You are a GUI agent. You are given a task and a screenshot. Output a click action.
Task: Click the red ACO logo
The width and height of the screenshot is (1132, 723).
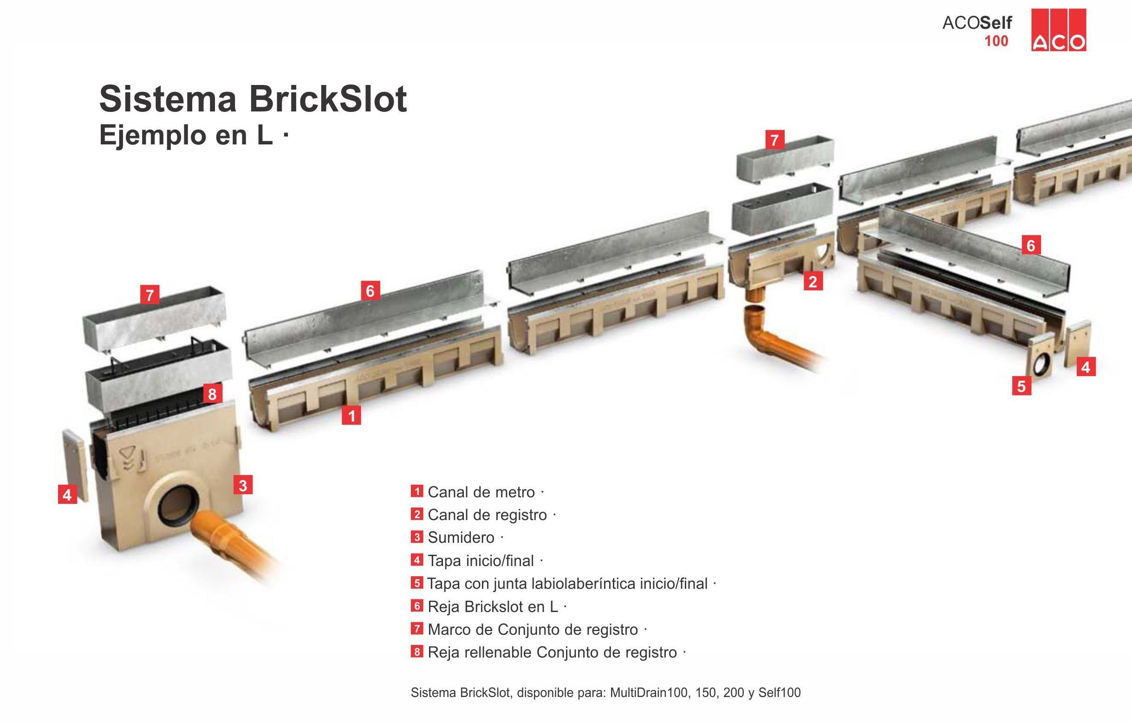point(1058,30)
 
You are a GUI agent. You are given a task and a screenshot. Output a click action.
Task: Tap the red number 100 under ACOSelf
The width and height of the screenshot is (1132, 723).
point(996,41)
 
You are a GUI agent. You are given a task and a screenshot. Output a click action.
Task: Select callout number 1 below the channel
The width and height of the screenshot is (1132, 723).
point(351,416)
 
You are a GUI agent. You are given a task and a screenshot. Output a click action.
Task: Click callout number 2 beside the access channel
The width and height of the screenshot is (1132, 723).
point(813,281)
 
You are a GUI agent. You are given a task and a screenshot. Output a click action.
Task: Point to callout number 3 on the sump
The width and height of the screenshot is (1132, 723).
point(242,485)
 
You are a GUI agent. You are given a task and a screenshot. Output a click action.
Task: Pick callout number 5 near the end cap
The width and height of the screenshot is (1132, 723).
point(1021,386)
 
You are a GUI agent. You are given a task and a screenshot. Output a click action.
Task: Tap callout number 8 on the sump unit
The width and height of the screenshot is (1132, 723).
point(212,393)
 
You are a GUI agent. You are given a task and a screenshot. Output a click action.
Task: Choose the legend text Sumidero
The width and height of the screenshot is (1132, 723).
point(461,537)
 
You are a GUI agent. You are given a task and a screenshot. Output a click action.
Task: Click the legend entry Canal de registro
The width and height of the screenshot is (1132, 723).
point(487,515)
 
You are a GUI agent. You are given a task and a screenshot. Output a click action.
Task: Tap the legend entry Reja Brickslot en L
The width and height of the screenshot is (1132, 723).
point(493,606)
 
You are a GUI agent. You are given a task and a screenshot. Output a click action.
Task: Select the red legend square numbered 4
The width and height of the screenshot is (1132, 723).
point(416,560)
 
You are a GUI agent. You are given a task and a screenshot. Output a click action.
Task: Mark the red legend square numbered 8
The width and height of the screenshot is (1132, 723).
point(416,652)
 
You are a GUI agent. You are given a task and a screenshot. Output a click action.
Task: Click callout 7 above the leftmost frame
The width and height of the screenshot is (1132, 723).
point(150,295)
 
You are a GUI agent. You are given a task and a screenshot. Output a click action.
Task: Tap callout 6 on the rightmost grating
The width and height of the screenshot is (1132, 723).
point(1030,245)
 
